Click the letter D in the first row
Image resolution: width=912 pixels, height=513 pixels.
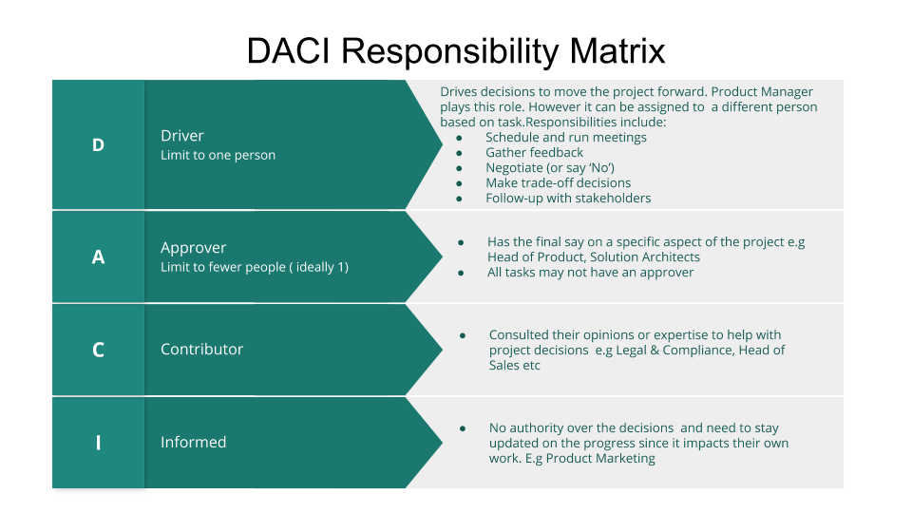pos(98,145)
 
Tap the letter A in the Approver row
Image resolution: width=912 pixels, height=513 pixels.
pos(98,256)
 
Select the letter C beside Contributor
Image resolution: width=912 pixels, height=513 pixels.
pos(98,350)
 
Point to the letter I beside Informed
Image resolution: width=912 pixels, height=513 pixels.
pos(98,443)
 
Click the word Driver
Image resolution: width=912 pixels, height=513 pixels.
pos(182,136)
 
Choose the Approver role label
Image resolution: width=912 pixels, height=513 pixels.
pos(194,248)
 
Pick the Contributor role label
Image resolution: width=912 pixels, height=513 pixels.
pos(201,350)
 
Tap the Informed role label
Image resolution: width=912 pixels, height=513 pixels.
pos(193,443)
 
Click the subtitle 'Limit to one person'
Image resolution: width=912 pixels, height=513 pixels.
pos(218,155)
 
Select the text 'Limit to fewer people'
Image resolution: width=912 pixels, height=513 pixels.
pos(226,267)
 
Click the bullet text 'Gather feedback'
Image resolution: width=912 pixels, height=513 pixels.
pos(534,152)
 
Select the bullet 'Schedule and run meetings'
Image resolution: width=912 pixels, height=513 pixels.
pos(565,137)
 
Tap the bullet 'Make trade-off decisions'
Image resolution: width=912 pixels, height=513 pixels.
pos(558,182)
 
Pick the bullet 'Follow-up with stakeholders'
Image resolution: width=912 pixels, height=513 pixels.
pos(568,198)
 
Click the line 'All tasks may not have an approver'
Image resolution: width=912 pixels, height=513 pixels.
pos(590,272)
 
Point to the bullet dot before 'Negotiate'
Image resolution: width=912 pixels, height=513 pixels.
pos(459,167)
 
